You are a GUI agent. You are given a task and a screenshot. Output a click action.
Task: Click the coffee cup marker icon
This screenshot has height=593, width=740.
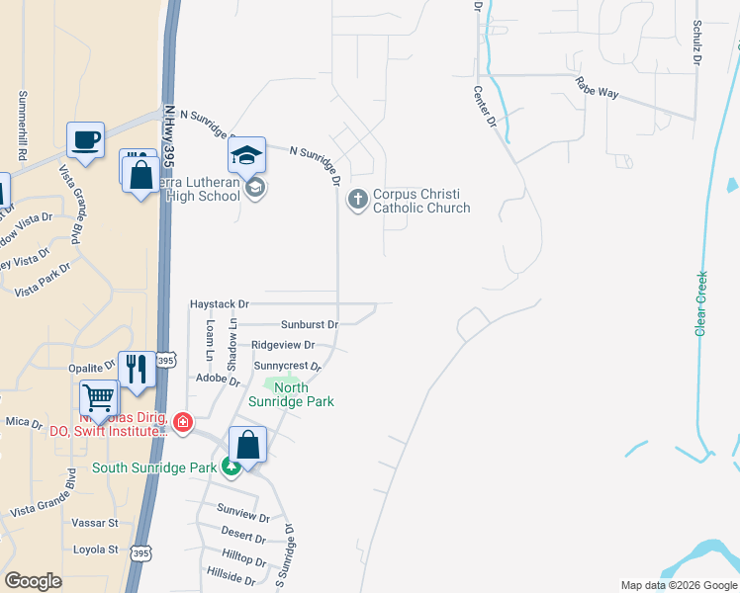(85, 139)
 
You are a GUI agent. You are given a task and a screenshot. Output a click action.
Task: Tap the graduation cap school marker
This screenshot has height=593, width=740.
(246, 154)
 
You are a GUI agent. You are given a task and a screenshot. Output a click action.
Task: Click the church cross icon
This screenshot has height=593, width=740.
(356, 201)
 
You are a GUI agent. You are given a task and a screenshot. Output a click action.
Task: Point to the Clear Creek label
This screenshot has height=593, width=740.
(701, 303)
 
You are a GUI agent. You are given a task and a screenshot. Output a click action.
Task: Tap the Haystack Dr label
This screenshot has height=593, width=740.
(219, 303)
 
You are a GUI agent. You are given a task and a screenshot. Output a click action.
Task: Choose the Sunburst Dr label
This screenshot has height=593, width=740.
(309, 323)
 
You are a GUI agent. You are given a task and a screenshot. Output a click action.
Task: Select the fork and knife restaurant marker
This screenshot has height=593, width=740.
(137, 369)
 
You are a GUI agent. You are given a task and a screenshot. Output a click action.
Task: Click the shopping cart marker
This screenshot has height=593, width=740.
(99, 398)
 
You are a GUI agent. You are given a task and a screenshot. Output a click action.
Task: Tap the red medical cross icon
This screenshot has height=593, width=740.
(182, 423)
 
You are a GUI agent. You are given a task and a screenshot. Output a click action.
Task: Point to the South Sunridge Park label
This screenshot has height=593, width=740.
(154, 466)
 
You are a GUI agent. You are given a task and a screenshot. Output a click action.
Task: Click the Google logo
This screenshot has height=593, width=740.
(34, 581)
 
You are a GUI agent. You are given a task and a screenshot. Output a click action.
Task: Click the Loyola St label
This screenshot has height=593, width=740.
(95, 549)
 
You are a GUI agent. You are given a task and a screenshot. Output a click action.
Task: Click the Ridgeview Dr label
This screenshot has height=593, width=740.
(283, 345)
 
